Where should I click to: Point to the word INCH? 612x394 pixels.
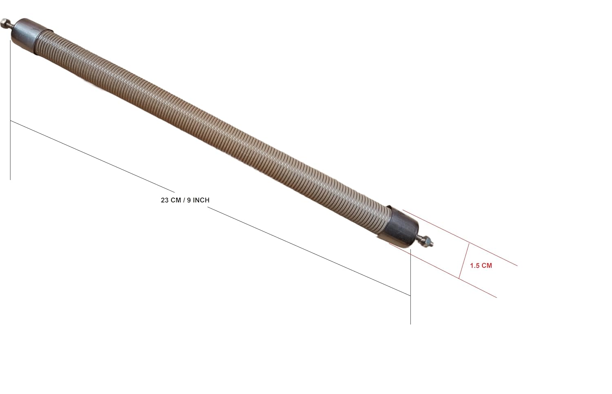(x=201, y=200)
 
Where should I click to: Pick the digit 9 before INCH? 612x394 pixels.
(x=189, y=200)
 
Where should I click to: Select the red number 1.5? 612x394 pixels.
(x=474, y=266)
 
